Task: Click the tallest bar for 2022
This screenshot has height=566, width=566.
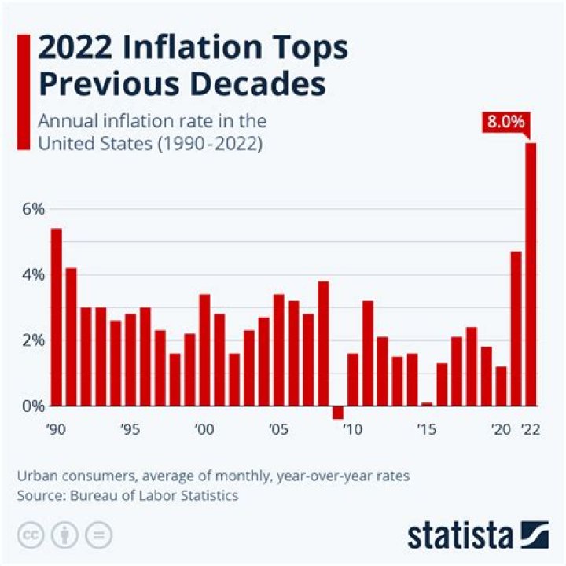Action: pyautogui.click(x=531, y=274)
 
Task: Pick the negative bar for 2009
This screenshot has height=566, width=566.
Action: pyautogui.click(x=338, y=413)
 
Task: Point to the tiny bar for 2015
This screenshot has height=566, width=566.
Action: pyautogui.click(x=427, y=404)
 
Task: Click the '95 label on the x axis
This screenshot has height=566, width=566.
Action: pyautogui.click(x=130, y=430)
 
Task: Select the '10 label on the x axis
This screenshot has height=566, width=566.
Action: pyautogui.click(x=353, y=430)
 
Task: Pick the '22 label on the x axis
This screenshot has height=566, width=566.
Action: pyautogui.click(x=530, y=430)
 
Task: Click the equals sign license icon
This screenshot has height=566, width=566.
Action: pyautogui.click(x=98, y=535)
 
